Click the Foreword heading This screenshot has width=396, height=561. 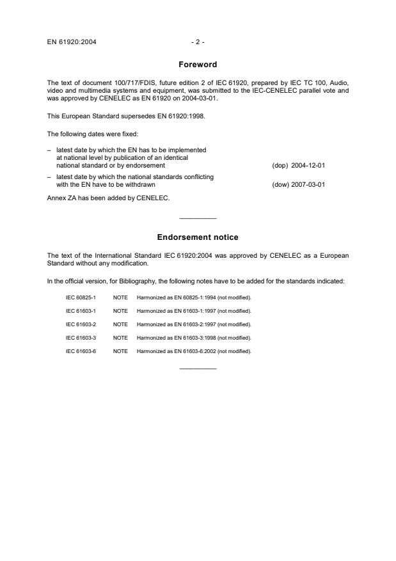click(x=197, y=65)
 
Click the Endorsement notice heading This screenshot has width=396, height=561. click(x=197, y=237)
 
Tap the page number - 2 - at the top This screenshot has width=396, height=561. click(x=197, y=42)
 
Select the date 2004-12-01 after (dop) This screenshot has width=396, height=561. click(x=308, y=165)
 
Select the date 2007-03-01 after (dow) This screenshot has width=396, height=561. click(x=308, y=185)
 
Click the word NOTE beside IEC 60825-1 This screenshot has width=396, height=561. click(x=120, y=297)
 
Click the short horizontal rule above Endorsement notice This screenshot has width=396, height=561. click(x=198, y=219)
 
